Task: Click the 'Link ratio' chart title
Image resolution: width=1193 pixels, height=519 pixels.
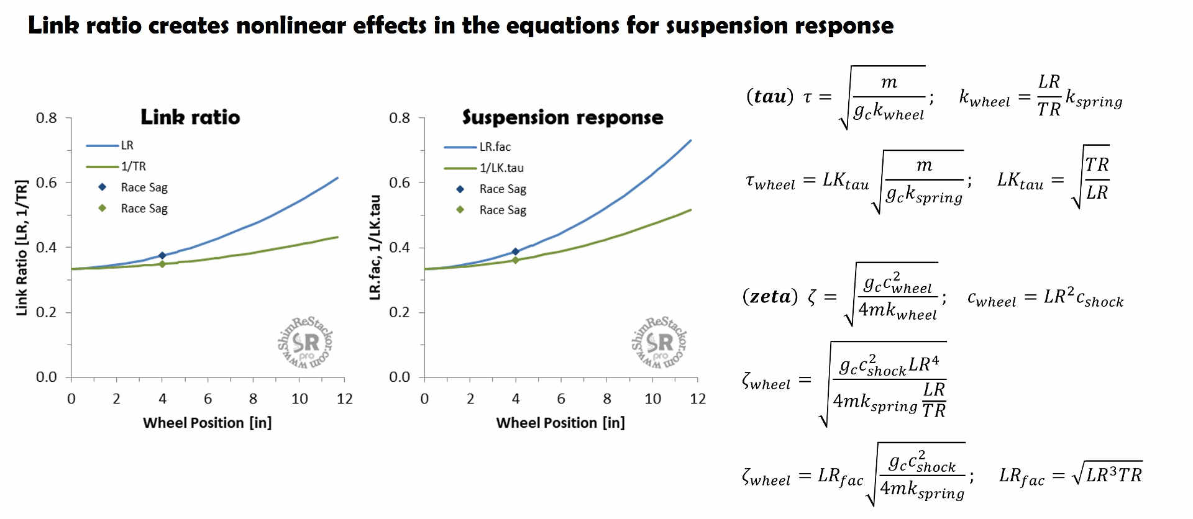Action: click(x=190, y=117)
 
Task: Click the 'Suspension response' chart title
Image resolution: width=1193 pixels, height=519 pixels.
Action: click(x=562, y=117)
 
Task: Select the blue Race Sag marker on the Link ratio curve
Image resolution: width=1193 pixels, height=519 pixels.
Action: click(x=162, y=255)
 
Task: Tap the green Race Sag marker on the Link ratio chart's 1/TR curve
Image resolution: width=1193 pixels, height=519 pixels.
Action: click(x=162, y=264)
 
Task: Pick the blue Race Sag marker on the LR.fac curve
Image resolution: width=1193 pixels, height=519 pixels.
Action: click(x=515, y=251)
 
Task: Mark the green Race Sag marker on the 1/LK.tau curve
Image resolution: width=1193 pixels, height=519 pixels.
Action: click(x=515, y=260)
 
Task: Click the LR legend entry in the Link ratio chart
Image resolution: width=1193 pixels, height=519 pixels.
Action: click(x=127, y=145)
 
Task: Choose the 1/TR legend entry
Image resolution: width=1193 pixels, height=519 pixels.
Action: click(x=133, y=166)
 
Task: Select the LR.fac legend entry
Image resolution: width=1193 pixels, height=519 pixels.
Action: click(x=495, y=147)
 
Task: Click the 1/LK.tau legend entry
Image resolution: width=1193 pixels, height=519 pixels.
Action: click(x=501, y=168)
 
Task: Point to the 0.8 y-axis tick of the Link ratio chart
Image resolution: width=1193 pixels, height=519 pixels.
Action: click(x=46, y=118)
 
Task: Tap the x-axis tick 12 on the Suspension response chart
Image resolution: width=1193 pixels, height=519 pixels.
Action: click(x=697, y=399)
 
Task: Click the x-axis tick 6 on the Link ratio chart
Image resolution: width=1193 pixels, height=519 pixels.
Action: click(x=208, y=399)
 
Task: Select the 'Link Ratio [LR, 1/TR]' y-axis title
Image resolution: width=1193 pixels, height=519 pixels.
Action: click(x=22, y=248)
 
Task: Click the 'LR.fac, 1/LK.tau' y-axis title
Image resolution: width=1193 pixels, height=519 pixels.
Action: click(x=375, y=248)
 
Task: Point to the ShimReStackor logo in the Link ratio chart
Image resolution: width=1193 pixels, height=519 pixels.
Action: click(x=305, y=342)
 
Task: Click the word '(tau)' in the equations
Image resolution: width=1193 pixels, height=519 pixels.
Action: click(x=770, y=97)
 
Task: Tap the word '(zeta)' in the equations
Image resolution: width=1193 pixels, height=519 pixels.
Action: click(x=770, y=297)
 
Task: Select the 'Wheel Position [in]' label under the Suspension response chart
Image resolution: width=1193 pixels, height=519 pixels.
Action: click(x=560, y=423)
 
